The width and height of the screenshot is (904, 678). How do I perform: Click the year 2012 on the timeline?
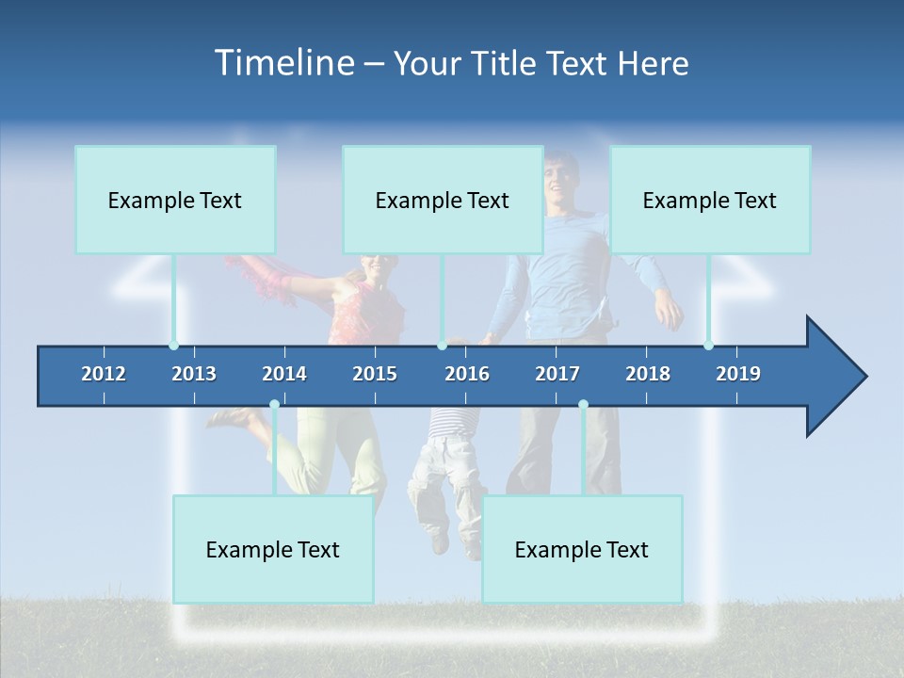(104, 374)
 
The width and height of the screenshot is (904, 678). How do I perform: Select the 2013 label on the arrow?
(194, 374)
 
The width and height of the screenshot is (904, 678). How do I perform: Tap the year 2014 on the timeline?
(284, 374)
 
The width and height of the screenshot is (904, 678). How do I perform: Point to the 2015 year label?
(375, 374)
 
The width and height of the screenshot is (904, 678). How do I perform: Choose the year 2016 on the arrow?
(467, 374)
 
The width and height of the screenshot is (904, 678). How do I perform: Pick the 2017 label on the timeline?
(557, 374)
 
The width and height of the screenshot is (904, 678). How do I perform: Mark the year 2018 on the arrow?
(648, 374)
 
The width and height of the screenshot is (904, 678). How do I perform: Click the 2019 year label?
(738, 374)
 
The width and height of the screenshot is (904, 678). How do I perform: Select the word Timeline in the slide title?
(283, 63)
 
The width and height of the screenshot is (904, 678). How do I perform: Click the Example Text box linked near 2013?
(175, 200)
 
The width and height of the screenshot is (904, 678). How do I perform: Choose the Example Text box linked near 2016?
(443, 200)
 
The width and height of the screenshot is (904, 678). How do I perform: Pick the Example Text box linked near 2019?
(710, 200)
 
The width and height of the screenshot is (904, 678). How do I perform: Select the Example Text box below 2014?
(273, 549)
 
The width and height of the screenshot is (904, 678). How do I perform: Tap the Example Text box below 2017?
(582, 549)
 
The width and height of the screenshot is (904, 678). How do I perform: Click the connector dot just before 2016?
(442, 346)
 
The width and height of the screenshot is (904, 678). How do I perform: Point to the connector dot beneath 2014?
(274, 405)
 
